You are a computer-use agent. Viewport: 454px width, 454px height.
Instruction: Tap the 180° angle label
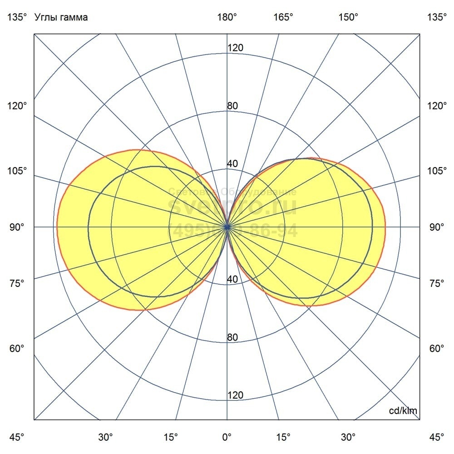point(227,18)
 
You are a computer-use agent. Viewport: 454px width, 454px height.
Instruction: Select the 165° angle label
point(284,18)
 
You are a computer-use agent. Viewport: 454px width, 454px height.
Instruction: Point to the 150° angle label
point(349,18)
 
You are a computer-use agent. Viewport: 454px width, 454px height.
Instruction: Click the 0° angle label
point(227,437)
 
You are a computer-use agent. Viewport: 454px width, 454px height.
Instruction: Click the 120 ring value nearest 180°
point(235,48)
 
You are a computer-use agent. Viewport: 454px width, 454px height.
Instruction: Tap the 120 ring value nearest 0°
point(235,395)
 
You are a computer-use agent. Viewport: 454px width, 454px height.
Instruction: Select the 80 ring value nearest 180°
point(232,106)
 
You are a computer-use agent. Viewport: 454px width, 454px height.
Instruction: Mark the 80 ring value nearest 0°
point(232,337)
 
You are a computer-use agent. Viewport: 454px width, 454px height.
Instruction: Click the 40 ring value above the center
point(232,164)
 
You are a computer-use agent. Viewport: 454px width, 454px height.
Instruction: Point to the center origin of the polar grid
point(227,227)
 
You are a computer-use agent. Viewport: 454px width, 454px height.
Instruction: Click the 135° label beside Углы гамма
point(17,18)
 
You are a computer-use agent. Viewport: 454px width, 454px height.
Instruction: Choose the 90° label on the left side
point(17,227)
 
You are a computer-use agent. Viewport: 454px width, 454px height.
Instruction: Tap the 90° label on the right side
point(437,227)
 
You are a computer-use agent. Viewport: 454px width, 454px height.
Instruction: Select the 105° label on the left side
point(17,171)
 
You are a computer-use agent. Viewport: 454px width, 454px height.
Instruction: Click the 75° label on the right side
point(437,283)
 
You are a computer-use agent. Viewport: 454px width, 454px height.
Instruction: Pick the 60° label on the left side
point(17,349)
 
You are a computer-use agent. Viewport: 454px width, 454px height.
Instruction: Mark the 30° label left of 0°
point(105,437)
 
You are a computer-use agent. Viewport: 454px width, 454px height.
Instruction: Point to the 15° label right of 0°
point(284,437)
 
